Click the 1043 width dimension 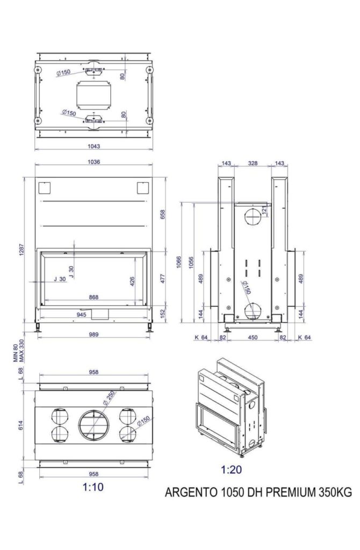click(93, 146)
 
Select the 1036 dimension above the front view click(93, 162)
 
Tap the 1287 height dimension click(21, 249)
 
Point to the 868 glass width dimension click(93, 297)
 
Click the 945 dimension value click(82, 315)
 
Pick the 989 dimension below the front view click(93, 334)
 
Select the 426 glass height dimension click(132, 281)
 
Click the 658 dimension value click(162, 215)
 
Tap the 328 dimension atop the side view click(253, 163)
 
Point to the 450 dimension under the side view click(253, 337)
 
